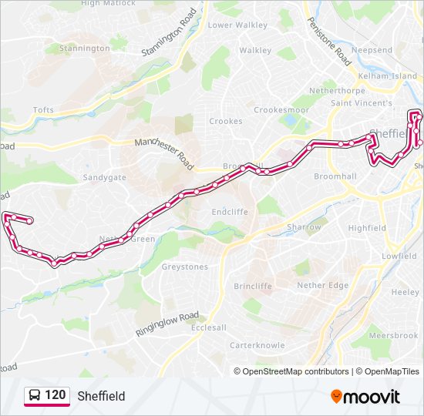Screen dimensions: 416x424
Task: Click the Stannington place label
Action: pyautogui.click(x=85, y=49)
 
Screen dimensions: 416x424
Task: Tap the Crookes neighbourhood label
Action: pyautogui.click(x=226, y=121)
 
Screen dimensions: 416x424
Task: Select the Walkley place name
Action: pyautogui.click(x=255, y=50)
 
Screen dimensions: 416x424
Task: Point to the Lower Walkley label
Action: pyautogui.click(x=237, y=25)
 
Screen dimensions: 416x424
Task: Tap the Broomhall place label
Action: pyautogui.click(x=335, y=176)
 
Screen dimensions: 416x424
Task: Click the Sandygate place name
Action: pyautogui.click(x=104, y=177)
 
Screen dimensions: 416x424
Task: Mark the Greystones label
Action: pyautogui.click(x=184, y=267)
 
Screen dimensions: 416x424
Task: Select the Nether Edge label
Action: pyautogui.click(x=323, y=285)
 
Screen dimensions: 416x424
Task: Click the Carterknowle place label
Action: pyautogui.click(x=257, y=345)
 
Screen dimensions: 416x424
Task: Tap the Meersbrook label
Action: pyautogui.click(x=393, y=336)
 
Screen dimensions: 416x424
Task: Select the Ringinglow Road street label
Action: pyautogui.click(x=167, y=324)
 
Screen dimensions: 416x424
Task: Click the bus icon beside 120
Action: pyautogui.click(x=34, y=396)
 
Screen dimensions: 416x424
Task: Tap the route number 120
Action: pyautogui.click(x=55, y=395)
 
